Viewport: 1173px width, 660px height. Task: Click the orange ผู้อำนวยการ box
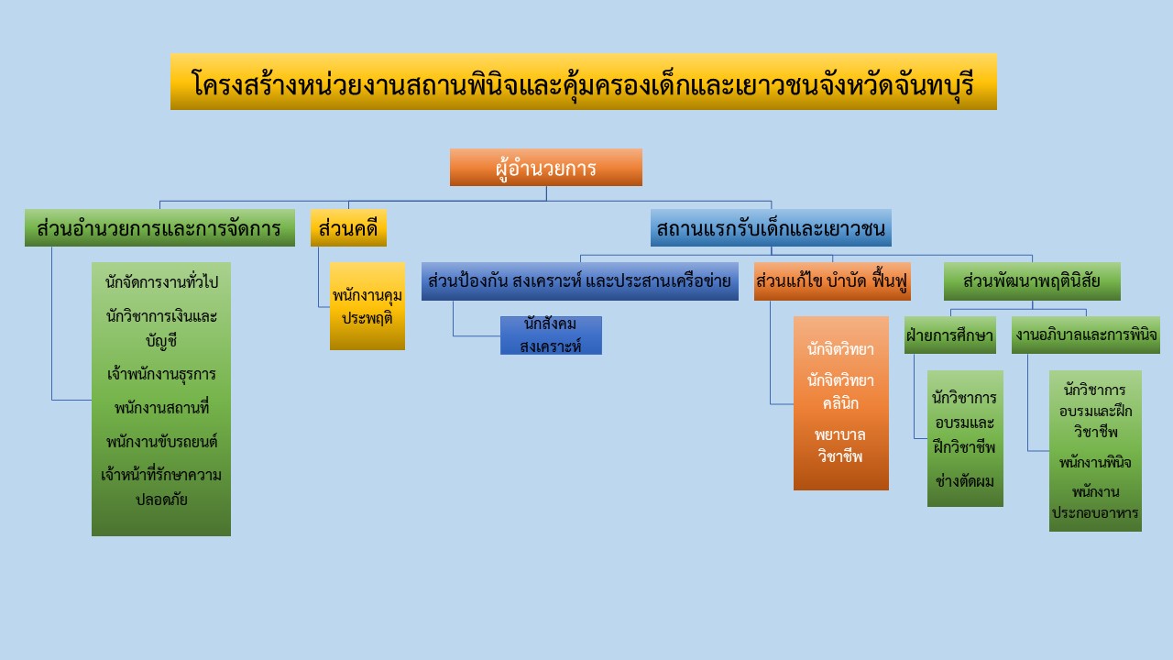[545, 167]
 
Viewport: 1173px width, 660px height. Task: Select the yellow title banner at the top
[584, 82]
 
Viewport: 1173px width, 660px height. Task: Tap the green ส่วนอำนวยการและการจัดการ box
[159, 228]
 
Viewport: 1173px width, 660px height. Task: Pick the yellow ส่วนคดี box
[348, 228]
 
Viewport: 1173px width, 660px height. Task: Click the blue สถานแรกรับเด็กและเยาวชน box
[771, 228]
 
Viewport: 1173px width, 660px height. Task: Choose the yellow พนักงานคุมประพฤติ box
[367, 306]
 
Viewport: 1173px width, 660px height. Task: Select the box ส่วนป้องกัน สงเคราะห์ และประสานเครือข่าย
[580, 281]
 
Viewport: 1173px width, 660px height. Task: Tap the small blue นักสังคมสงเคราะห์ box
[551, 335]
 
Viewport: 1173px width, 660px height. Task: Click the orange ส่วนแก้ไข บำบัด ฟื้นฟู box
[832, 281]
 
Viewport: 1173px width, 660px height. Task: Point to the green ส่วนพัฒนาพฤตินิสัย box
[1032, 281]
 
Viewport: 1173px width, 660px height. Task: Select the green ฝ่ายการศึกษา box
[950, 335]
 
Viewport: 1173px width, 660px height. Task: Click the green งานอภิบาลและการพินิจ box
[1086, 335]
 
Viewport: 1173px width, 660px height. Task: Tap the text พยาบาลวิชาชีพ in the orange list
[840, 445]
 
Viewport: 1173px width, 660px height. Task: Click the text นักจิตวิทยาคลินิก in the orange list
[840, 391]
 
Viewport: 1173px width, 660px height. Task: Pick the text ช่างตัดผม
[965, 481]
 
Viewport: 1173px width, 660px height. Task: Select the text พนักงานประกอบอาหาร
[1095, 501]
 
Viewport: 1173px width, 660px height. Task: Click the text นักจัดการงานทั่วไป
[161, 281]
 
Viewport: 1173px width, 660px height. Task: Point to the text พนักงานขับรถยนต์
[161, 442]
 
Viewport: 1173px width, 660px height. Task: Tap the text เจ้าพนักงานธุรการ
[161, 374]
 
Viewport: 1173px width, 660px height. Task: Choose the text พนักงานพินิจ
[1095, 463]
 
